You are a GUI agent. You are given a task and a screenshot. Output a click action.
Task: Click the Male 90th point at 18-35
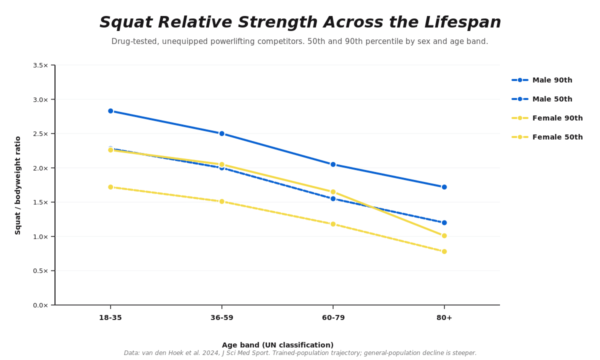point(110,111)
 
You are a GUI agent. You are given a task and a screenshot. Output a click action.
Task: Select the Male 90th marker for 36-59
point(222,133)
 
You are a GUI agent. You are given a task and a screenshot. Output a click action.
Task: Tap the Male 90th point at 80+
point(444,187)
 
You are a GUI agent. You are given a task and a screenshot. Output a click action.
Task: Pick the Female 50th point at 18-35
point(110,187)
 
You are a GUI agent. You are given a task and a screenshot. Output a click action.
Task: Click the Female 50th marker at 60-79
point(333,224)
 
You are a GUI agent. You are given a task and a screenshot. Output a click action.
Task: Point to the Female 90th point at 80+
point(444,235)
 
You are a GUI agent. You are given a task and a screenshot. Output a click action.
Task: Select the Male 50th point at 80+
point(444,222)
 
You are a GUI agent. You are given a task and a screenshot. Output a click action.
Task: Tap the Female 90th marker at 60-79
point(333,192)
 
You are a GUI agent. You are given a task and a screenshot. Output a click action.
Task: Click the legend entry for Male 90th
point(541,80)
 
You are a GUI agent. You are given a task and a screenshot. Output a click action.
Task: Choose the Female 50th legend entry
point(547,137)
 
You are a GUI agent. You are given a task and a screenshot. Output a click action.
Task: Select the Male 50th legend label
point(552,99)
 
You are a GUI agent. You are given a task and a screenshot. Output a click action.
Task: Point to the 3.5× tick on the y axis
point(40,65)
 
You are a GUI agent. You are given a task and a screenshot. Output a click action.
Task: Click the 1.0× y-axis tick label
point(40,236)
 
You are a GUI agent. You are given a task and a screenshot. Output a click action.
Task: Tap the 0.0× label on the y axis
point(40,305)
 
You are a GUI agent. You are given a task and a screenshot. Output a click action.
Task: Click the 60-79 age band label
point(333,317)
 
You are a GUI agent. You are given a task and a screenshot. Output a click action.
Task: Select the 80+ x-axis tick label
point(444,317)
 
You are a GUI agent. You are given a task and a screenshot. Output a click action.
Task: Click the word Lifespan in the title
point(462,22)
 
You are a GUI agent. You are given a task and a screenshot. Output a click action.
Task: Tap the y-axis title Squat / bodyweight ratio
point(17,185)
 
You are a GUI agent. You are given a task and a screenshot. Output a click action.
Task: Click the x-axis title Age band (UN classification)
point(278,345)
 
